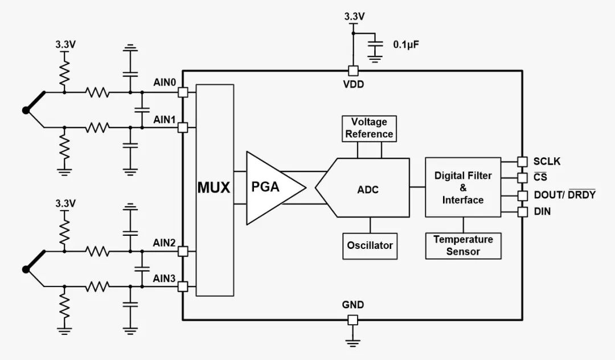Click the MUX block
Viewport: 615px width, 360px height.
pos(214,189)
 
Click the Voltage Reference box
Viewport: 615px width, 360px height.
pos(368,128)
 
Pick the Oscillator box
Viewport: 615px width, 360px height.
pos(370,246)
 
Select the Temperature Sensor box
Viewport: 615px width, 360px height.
pos(463,246)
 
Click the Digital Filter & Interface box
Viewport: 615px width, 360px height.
pos(463,187)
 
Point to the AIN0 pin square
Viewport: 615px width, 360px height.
pos(183,92)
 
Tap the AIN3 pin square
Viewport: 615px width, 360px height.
pos(183,287)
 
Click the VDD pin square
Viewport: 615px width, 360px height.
pos(352,71)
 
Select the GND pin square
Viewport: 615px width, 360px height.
pos(352,320)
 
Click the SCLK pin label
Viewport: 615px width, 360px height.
pos(547,162)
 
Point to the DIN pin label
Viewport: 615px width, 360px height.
pos(542,212)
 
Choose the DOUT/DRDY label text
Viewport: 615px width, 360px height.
pos(564,195)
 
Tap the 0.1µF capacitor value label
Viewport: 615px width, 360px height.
pos(406,43)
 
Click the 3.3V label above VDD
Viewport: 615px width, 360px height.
pos(353,17)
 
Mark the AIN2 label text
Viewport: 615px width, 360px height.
pos(164,243)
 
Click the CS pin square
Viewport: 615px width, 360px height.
pos(521,177)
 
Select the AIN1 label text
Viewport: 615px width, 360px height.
pos(164,120)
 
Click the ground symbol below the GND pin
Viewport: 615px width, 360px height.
pos(352,341)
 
